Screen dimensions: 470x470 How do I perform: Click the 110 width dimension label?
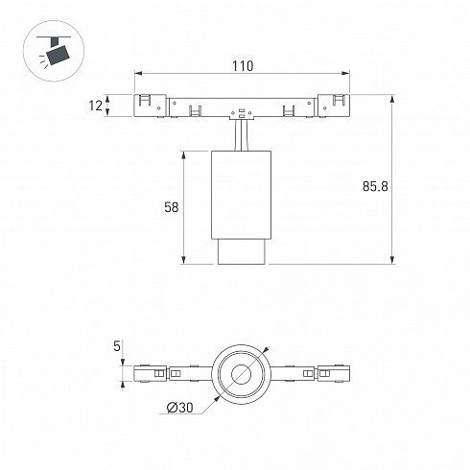243,66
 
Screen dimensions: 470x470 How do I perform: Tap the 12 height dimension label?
95,106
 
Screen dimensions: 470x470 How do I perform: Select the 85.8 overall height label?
375,186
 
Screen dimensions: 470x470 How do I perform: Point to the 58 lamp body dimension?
171,207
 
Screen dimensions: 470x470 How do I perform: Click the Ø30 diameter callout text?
180,408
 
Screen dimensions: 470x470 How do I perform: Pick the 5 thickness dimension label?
117,346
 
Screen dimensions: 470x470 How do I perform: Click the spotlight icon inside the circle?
55,51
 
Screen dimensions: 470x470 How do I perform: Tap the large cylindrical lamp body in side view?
241,195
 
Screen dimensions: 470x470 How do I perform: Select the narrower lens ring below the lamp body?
242,251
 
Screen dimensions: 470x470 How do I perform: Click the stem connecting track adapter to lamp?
241,134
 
